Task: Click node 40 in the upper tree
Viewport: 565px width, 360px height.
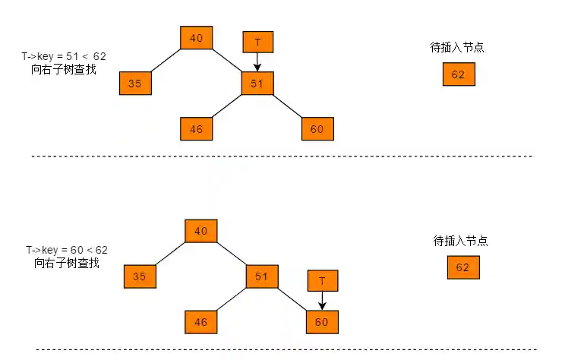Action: tap(197, 38)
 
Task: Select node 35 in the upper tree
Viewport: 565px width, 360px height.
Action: tap(135, 84)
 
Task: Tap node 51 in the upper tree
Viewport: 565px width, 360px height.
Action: tap(257, 84)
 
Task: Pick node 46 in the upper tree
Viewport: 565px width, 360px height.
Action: tap(197, 129)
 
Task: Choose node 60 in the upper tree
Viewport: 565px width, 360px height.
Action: tap(317, 129)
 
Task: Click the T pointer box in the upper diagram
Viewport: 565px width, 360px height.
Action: tap(257, 43)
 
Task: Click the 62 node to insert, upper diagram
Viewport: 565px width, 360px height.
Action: tap(458, 74)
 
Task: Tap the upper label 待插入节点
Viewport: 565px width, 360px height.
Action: tap(457, 47)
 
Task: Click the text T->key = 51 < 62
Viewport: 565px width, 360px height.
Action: tap(64, 56)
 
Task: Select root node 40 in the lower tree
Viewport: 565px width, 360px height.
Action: tap(201, 231)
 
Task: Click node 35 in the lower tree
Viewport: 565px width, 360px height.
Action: tap(140, 276)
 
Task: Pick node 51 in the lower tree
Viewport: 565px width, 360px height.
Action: tap(261, 276)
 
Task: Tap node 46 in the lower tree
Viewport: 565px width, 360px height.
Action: tap(201, 322)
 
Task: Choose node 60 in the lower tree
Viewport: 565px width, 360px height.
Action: tap(322, 322)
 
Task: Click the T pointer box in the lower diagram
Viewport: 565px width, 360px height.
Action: tap(322, 281)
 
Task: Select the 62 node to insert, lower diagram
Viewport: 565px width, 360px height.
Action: tap(462, 267)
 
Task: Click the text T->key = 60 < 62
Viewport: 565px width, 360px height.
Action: tap(67, 249)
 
